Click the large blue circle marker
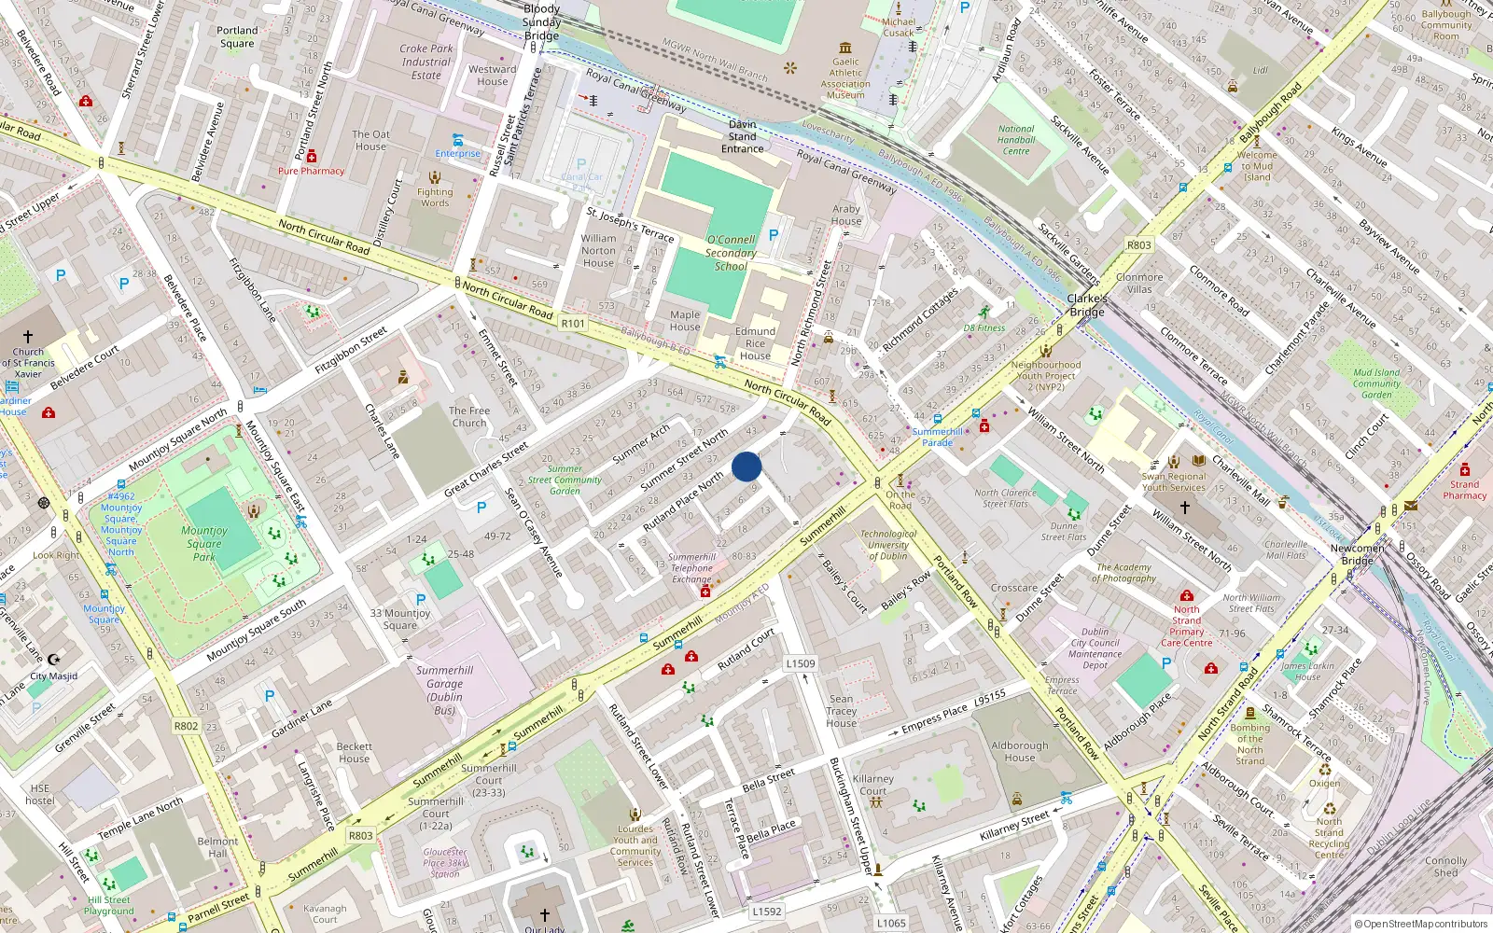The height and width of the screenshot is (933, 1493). click(x=746, y=466)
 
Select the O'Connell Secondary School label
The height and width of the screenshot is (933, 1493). click(x=731, y=253)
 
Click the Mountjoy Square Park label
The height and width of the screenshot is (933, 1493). click(x=204, y=543)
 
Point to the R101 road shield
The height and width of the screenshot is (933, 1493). click(x=573, y=324)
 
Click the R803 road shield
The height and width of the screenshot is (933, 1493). click(x=361, y=835)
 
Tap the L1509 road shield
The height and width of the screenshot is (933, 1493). click(x=800, y=663)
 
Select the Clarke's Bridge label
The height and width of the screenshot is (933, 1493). click(x=1087, y=305)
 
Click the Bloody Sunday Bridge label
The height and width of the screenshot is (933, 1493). click(x=541, y=22)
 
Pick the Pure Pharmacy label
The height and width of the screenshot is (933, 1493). click(x=311, y=171)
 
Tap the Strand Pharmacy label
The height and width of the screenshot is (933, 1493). click(x=1464, y=490)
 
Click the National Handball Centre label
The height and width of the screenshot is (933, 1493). click(x=1016, y=140)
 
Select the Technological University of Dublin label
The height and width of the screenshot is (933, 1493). click(x=887, y=545)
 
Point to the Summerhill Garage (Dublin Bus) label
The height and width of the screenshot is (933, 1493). click(x=445, y=690)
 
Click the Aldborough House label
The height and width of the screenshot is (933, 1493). click(x=1019, y=751)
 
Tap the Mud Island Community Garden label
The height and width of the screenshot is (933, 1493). click(x=1376, y=383)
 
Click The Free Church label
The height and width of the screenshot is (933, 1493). click(x=468, y=416)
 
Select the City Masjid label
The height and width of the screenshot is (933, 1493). click(x=54, y=676)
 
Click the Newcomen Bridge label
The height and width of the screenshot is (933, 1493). click(x=1357, y=554)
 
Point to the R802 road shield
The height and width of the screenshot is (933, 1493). click(x=186, y=726)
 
